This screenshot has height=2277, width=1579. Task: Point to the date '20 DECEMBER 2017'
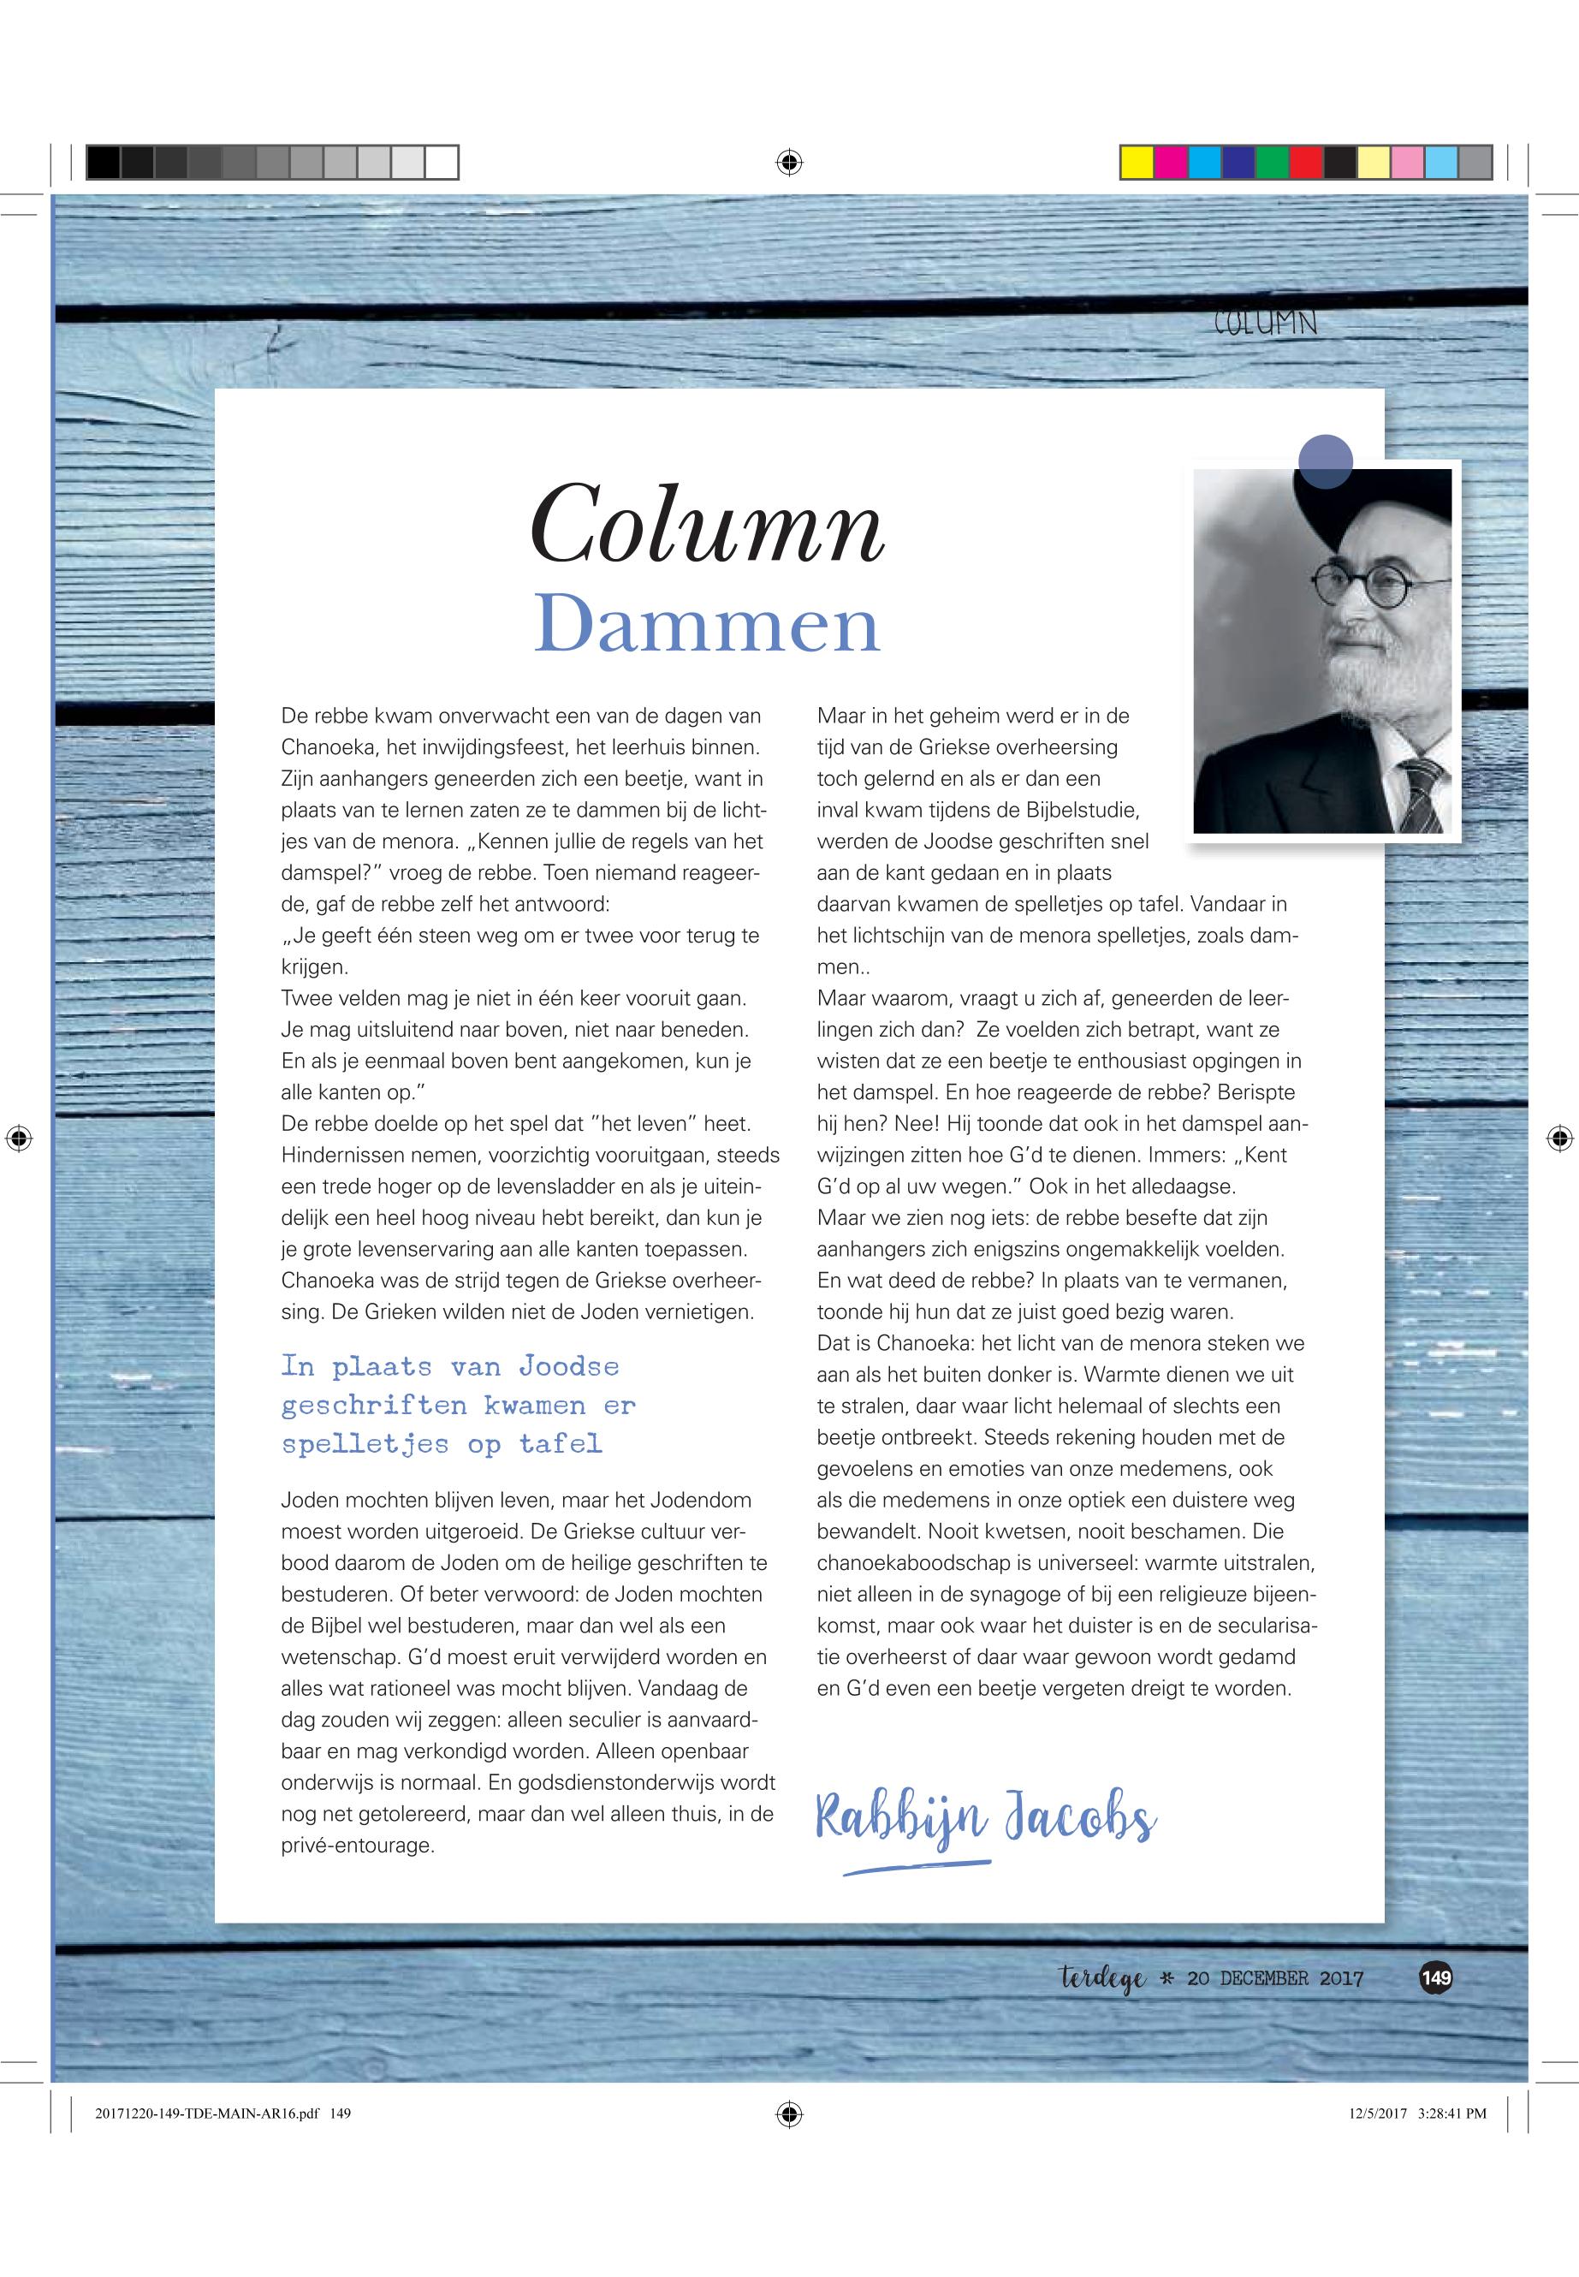[1274, 1979]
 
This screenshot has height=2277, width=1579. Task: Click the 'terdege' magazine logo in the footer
[1102, 1979]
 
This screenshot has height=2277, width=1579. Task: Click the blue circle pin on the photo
[1325, 461]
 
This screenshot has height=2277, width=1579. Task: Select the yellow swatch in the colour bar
[1137, 163]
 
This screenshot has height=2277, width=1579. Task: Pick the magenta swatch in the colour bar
[1171, 163]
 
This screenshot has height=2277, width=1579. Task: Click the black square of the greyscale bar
[103, 163]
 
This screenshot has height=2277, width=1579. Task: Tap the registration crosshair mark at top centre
[788, 163]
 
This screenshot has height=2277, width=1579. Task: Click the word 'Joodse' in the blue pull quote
[569, 1366]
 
